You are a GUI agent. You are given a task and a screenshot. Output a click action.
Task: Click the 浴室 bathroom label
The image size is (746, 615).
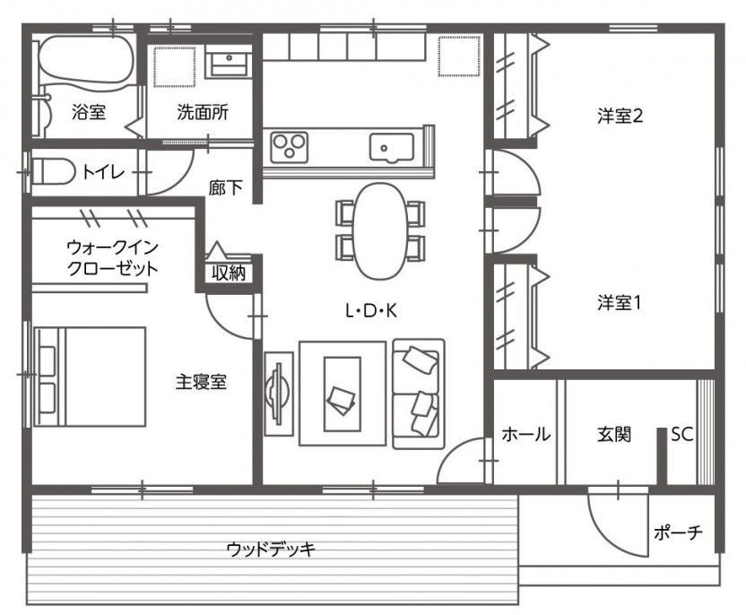tap(89, 112)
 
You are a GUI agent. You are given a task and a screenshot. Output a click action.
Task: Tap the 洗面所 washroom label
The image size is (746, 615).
tap(203, 112)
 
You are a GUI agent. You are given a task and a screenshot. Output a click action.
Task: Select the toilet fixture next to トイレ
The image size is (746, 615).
tap(53, 171)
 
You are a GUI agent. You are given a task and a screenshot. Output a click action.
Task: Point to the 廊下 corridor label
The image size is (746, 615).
tap(226, 188)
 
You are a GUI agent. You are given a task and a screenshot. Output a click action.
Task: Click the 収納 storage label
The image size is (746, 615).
tap(229, 273)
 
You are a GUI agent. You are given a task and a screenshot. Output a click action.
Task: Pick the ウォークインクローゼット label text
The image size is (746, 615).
tap(112, 258)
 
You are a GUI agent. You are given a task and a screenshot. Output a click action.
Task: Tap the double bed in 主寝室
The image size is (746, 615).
tap(90, 377)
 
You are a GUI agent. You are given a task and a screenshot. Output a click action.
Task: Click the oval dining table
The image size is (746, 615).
tap(380, 231)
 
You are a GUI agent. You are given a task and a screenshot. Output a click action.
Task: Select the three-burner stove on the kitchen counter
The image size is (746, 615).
tap(289, 147)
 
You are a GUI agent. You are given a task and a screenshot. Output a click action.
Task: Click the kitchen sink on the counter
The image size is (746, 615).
tap(392, 147)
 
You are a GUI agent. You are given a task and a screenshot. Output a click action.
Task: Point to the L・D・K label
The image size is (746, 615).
tap(371, 311)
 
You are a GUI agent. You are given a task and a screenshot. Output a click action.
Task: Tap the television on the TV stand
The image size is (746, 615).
tap(277, 394)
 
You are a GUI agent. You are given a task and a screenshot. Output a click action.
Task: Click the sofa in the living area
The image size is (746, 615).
tap(419, 394)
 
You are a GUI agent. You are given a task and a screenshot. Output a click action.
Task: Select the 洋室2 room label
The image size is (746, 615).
tap(620, 116)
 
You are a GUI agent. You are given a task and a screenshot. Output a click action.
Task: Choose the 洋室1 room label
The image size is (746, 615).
tap(619, 303)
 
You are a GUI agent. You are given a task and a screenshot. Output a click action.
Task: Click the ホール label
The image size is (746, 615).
tap(526, 434)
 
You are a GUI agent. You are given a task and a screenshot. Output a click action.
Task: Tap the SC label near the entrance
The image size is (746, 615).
tap(682, 434)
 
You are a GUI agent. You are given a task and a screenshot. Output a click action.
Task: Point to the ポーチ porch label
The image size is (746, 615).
tap(678, 533)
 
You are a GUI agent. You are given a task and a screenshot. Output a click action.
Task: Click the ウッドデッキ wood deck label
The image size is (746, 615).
tap(271, 550)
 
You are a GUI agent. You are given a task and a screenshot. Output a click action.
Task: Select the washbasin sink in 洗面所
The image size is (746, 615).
tap(229, 61)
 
